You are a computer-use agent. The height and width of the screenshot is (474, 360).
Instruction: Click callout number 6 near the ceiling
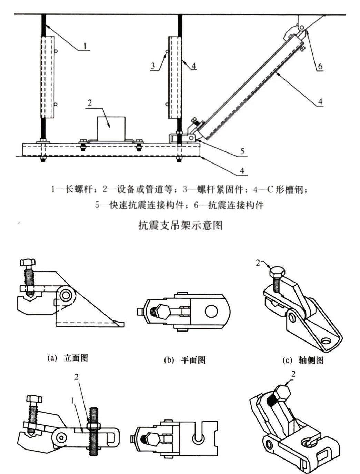320,66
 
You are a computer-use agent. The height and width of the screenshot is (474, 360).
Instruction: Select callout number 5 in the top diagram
242,151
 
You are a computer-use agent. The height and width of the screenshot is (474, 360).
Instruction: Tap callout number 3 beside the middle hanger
153,66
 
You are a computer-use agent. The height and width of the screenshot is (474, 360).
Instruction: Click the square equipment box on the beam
111,128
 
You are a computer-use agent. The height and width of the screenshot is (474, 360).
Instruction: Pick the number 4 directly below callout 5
242,170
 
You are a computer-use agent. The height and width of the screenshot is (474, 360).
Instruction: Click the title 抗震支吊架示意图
180,225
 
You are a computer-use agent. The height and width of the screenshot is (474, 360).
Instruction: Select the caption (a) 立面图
68,358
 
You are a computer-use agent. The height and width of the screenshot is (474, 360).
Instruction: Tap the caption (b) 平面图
185,360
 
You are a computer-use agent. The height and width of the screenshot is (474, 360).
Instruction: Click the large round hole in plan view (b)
211,312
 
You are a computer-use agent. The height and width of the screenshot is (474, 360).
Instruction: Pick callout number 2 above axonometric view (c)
258,263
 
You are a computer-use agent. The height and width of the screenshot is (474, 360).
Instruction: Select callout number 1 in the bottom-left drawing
72,401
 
